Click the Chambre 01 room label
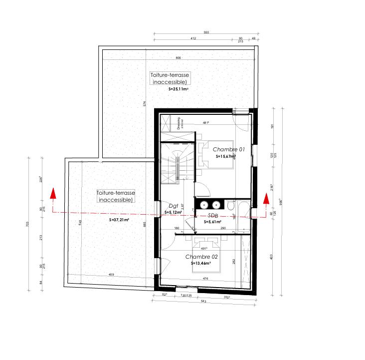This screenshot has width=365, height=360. (x=228, y=149)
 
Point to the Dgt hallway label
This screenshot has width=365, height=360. (x=174, y=205)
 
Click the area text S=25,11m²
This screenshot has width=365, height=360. (x=178, y=89)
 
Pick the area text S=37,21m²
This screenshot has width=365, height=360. (x=120, y=220)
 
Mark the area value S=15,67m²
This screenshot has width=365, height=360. (x=225, y=156)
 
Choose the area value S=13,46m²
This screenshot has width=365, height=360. (x=201, y=263)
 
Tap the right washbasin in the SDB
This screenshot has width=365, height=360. (x=216, y=205)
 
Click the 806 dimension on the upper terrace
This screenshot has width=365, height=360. (x=179, y=58)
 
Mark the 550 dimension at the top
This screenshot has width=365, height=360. (x=205, y=32)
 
